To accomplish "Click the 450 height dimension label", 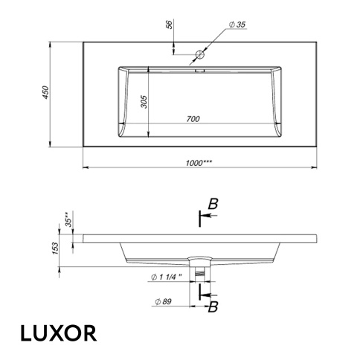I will tap(45, 93).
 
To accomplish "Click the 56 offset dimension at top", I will tap(170, 25).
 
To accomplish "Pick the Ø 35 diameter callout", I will tap(237, 25).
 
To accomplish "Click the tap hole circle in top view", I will tap(199, 54).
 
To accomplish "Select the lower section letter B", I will tap(213, 307).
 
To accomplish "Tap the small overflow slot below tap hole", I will tap(199, 71).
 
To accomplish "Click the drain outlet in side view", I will tap(199, 260).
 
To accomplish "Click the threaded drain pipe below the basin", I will tap(199, 274).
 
